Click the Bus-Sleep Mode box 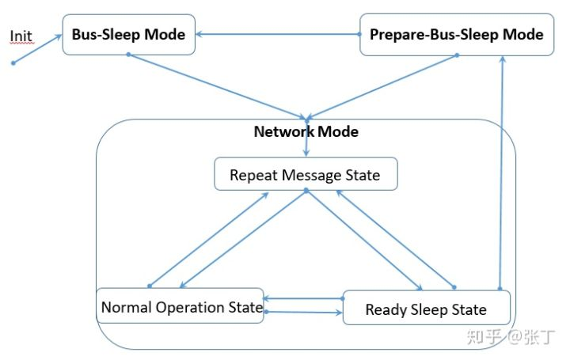(x=128, y=35)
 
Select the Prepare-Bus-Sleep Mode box (x=456, y=35)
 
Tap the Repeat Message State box (x=305, y=175)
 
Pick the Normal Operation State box (x=180, y=307)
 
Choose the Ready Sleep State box (x=426, y=309)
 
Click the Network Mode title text (x=306, y=131)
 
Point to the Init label (x=21, y=36)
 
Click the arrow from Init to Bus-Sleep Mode (x=38, y=48)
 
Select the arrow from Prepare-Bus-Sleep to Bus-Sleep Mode (x=277, y=34)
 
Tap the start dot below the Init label (x=13, y=63)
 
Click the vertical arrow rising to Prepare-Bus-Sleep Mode (x=500, y=174)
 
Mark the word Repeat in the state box (x=255, y=175)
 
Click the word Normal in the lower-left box (x=127, y=307)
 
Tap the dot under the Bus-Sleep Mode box (x=128, y=55)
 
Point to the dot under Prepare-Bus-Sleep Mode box (x=457, y=55)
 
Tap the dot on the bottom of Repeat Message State (x=306, y=191)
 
